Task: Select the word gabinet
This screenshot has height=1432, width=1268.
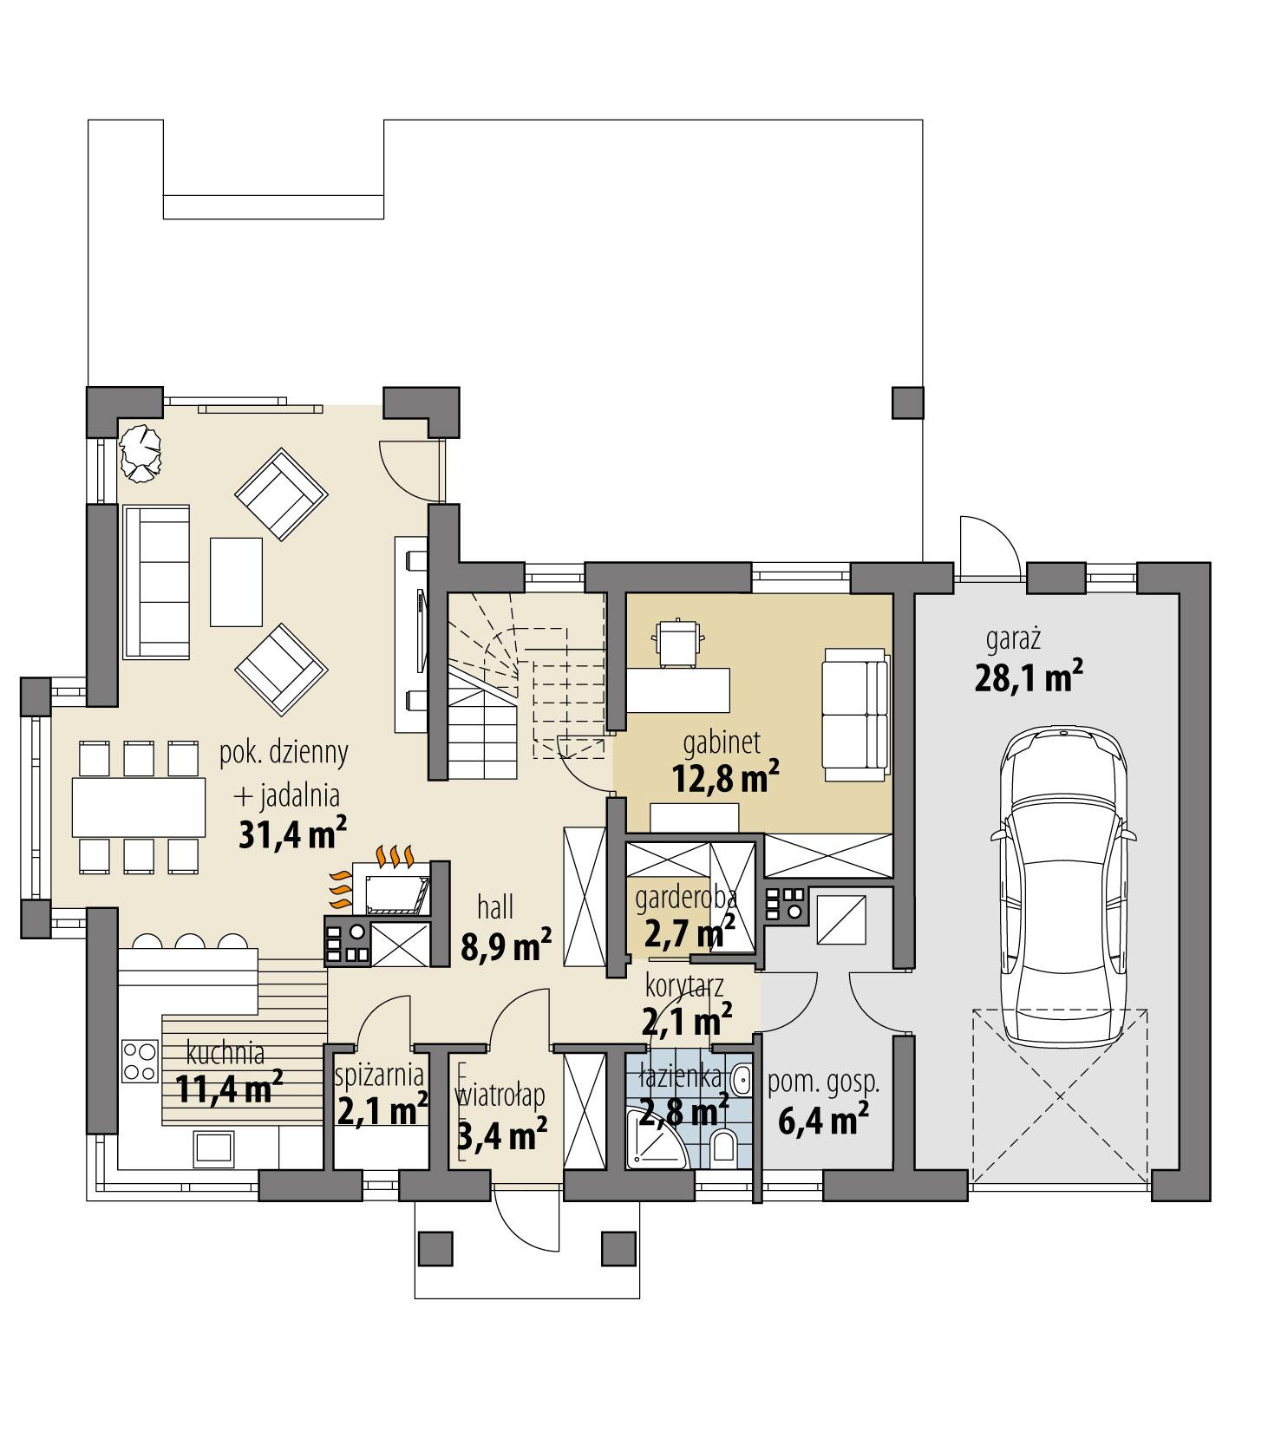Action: tap(722, 742)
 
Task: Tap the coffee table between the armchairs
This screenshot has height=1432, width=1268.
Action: tap(236, 581)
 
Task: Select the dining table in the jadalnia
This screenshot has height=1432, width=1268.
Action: tap(138, 808)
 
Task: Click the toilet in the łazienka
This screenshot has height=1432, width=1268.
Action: tap(722, 1146)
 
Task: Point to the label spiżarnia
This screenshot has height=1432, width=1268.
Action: tap(379, 1076)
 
